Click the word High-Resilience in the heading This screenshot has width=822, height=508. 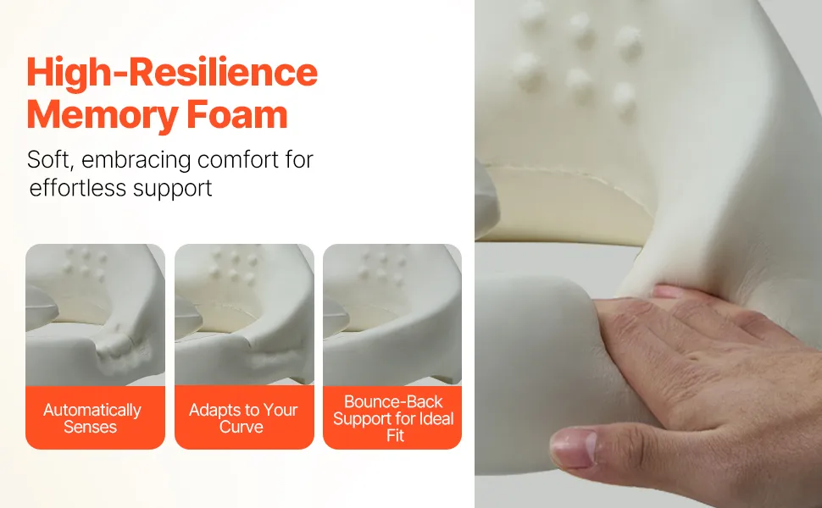[x=172, y=73]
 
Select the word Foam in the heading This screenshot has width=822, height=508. [x=237, y=114]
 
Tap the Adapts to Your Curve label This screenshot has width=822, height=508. [x=244, y=417]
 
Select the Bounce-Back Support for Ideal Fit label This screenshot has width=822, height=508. [x=392, y=417]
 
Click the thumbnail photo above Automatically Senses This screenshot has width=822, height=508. [x=96, y=315]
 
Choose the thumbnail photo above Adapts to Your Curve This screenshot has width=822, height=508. [x=244, y=315]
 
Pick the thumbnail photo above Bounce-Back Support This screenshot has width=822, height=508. [x=392, y=315]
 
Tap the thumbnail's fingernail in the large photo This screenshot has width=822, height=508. [x=574, y=448]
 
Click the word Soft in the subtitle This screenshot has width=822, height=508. [x=50, y=159]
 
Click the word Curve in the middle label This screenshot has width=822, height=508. [x=242, y=427]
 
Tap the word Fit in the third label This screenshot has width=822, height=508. [x=395, y=436]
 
